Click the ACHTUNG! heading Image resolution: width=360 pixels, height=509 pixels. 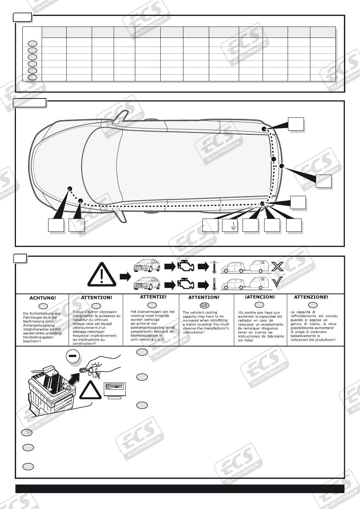point(42,298)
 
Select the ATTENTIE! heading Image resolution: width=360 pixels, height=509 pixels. point(153,297)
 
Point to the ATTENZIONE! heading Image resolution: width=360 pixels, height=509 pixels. point(311,297)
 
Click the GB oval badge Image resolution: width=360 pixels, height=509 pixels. point(204,305)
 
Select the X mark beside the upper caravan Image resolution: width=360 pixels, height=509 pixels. point(277,266)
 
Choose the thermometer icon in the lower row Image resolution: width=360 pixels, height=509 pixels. point(214,284)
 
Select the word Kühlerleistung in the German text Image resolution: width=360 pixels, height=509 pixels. point(42,314)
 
